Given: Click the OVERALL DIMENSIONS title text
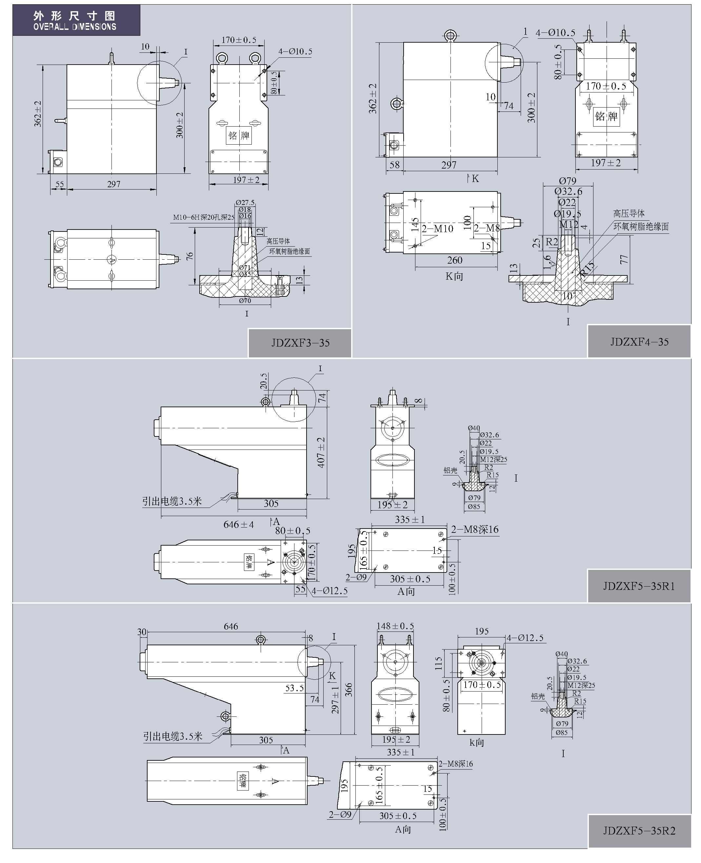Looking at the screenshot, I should coord(75,27).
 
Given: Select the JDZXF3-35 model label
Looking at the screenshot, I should coord(300,343).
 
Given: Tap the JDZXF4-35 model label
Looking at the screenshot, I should coord(639,342).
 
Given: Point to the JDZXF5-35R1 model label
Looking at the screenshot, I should coord(639,586).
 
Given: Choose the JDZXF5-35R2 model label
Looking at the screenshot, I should coord(639,830).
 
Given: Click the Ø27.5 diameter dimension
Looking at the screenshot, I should coord(245,202).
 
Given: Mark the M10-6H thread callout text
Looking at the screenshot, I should coord(204,217).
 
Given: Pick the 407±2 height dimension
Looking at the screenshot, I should coord(321,452).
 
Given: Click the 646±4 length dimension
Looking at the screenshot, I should coord(238,525).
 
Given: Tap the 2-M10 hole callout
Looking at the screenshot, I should coord(437,229).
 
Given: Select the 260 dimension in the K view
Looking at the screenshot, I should coord(455,260).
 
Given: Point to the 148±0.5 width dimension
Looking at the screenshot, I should coord(395,626).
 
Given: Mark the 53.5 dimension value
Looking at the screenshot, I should coord(294,688).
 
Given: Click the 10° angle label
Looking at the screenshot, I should coord(568,296).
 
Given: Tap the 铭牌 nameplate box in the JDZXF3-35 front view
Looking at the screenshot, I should coord(239,135).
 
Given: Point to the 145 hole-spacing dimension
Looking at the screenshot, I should coord(415,225).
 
